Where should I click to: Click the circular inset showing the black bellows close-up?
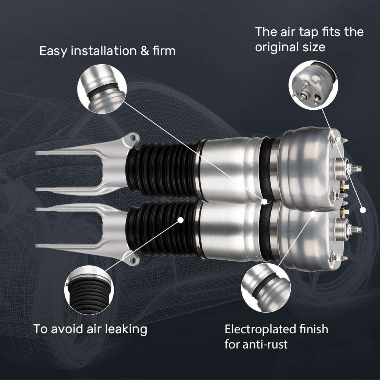click(89, 290)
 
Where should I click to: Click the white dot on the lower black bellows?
click(180, 220)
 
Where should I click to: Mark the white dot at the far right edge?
click(363, 209)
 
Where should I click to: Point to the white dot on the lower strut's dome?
click(313, 214)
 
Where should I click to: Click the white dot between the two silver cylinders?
click(264, 201)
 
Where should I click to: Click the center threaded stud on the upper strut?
click(355, 168)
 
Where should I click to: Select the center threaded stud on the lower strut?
click(355, 229)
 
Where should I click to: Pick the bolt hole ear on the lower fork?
click(132, 260)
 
